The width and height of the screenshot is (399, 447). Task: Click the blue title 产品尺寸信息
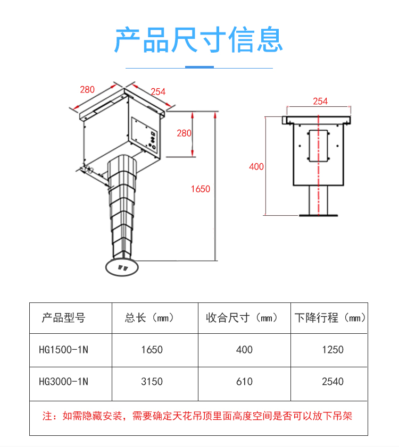point(199,39)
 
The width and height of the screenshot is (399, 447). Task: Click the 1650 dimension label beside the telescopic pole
point(201,189)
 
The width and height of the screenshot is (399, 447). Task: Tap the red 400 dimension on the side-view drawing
point(256,166)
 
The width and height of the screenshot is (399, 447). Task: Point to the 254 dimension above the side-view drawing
point(320,101)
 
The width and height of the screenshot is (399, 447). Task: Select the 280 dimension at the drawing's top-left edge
point(87,89)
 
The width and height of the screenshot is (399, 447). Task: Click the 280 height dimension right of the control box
point(184,133)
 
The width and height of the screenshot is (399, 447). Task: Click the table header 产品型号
point(63,318)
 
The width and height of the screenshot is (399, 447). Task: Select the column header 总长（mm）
point(150,318)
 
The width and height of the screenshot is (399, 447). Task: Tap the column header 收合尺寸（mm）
point(242,318)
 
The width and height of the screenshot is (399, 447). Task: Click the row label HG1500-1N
point(63,350)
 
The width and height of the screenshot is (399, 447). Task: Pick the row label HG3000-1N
point(63,381)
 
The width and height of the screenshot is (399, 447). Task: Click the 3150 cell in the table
point(152,382)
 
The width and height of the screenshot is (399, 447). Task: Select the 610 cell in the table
point(244,382)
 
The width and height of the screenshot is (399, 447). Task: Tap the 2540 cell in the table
point(332,382)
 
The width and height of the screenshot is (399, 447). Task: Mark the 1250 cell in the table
point(332,350)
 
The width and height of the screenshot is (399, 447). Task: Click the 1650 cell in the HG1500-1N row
point(152,350)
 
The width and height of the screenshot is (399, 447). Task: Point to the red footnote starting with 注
point(197,416)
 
